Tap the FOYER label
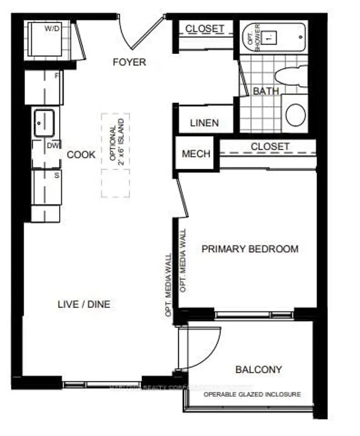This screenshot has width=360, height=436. pyautogui.click(x=129, y=62)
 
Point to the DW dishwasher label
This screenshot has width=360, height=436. pyautogui.click(x=53, y=146)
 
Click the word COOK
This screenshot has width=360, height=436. pyautogui.click(x=82, y=155)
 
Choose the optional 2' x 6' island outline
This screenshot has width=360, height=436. pyautogui.click(x=115, y=155)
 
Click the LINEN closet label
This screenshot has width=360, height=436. pyautogui.click(x=204, y=123)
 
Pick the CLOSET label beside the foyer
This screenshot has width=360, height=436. pyautogui.click(x=205, y=28)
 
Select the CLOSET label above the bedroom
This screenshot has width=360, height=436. pyautogui.click(x=270, y=146)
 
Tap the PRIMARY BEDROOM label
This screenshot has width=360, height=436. pyautogui.click(x=250, y=249)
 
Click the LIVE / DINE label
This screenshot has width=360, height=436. pyautogui.click(x=84, y=304)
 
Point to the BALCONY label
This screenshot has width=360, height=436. pyautogui.click(x=258, y=370)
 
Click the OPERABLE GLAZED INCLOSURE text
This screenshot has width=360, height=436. pyautogui.click(x=251, y=394)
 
